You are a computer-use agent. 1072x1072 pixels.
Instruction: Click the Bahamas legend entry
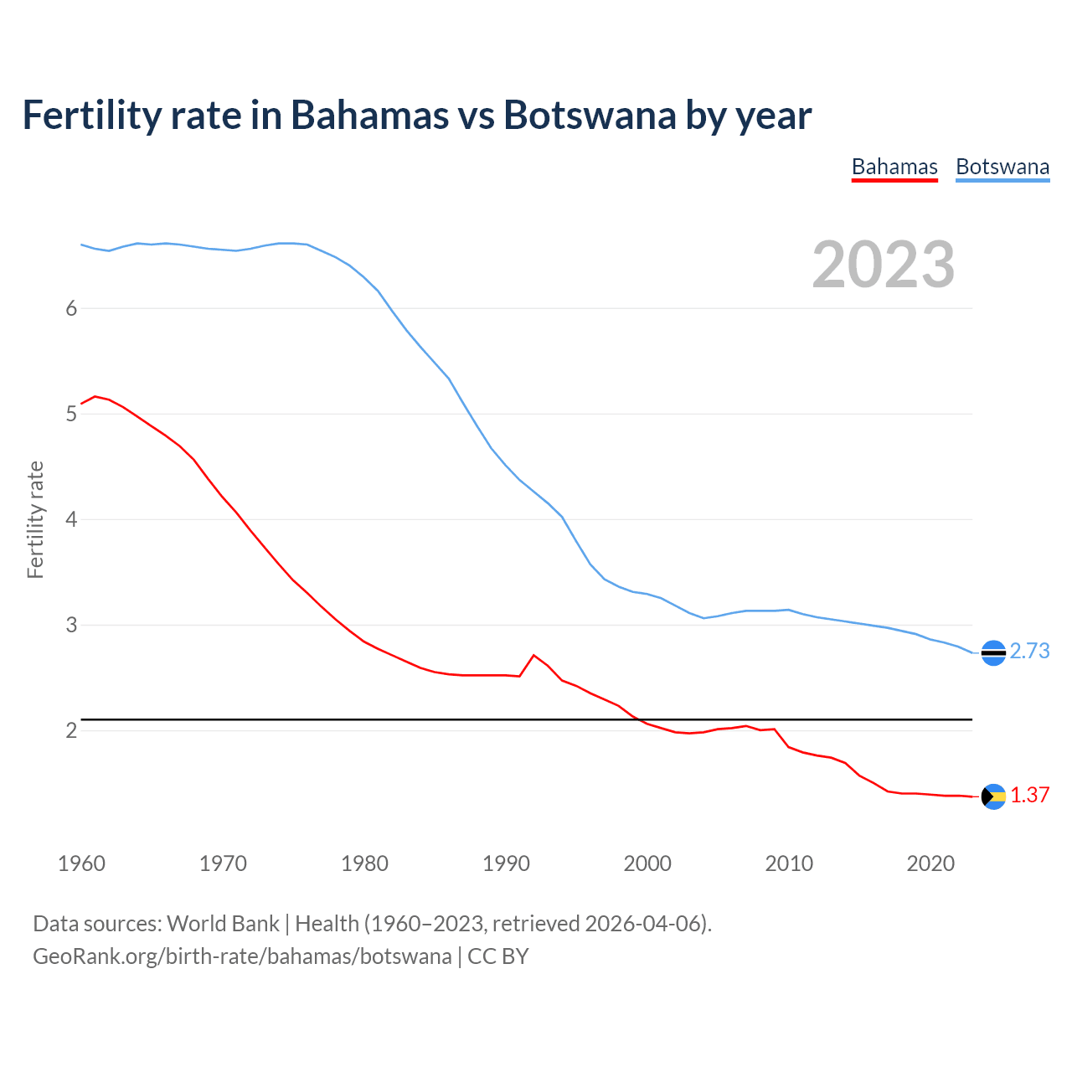pos(894,167)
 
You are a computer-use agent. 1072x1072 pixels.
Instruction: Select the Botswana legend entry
pos(1002,167)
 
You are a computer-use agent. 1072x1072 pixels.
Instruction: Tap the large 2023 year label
pos(884,265)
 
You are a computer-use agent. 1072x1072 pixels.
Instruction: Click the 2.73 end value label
pos(1029,651)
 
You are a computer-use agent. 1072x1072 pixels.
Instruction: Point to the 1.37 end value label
pos(1029,795)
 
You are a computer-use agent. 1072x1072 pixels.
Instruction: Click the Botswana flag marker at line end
pos(993,652)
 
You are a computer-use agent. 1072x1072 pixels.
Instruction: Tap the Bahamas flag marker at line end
pos(993,796)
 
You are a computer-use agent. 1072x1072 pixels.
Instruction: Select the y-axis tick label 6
pos(71,308)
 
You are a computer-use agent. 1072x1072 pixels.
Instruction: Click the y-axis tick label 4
pos(71,519)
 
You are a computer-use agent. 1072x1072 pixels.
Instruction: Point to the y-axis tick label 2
pos(71,730)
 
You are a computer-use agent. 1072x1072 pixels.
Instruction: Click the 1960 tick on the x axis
pos(81,863)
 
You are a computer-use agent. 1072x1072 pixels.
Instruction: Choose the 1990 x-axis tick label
pos(506,863)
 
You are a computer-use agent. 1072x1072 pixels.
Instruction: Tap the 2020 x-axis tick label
pos(930,863)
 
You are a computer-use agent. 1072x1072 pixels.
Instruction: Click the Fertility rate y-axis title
pos(35,519)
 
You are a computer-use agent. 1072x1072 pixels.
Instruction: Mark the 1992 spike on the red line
pos(533,656)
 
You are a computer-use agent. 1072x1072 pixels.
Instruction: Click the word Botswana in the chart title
pos(589,115)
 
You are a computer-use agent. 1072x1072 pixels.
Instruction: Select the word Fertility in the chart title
pos(91,115)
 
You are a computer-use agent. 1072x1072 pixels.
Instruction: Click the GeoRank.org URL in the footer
pos(242,956)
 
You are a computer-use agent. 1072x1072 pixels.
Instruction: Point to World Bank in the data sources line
pos(223,924)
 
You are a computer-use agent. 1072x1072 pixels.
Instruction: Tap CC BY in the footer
pos(497,956)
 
